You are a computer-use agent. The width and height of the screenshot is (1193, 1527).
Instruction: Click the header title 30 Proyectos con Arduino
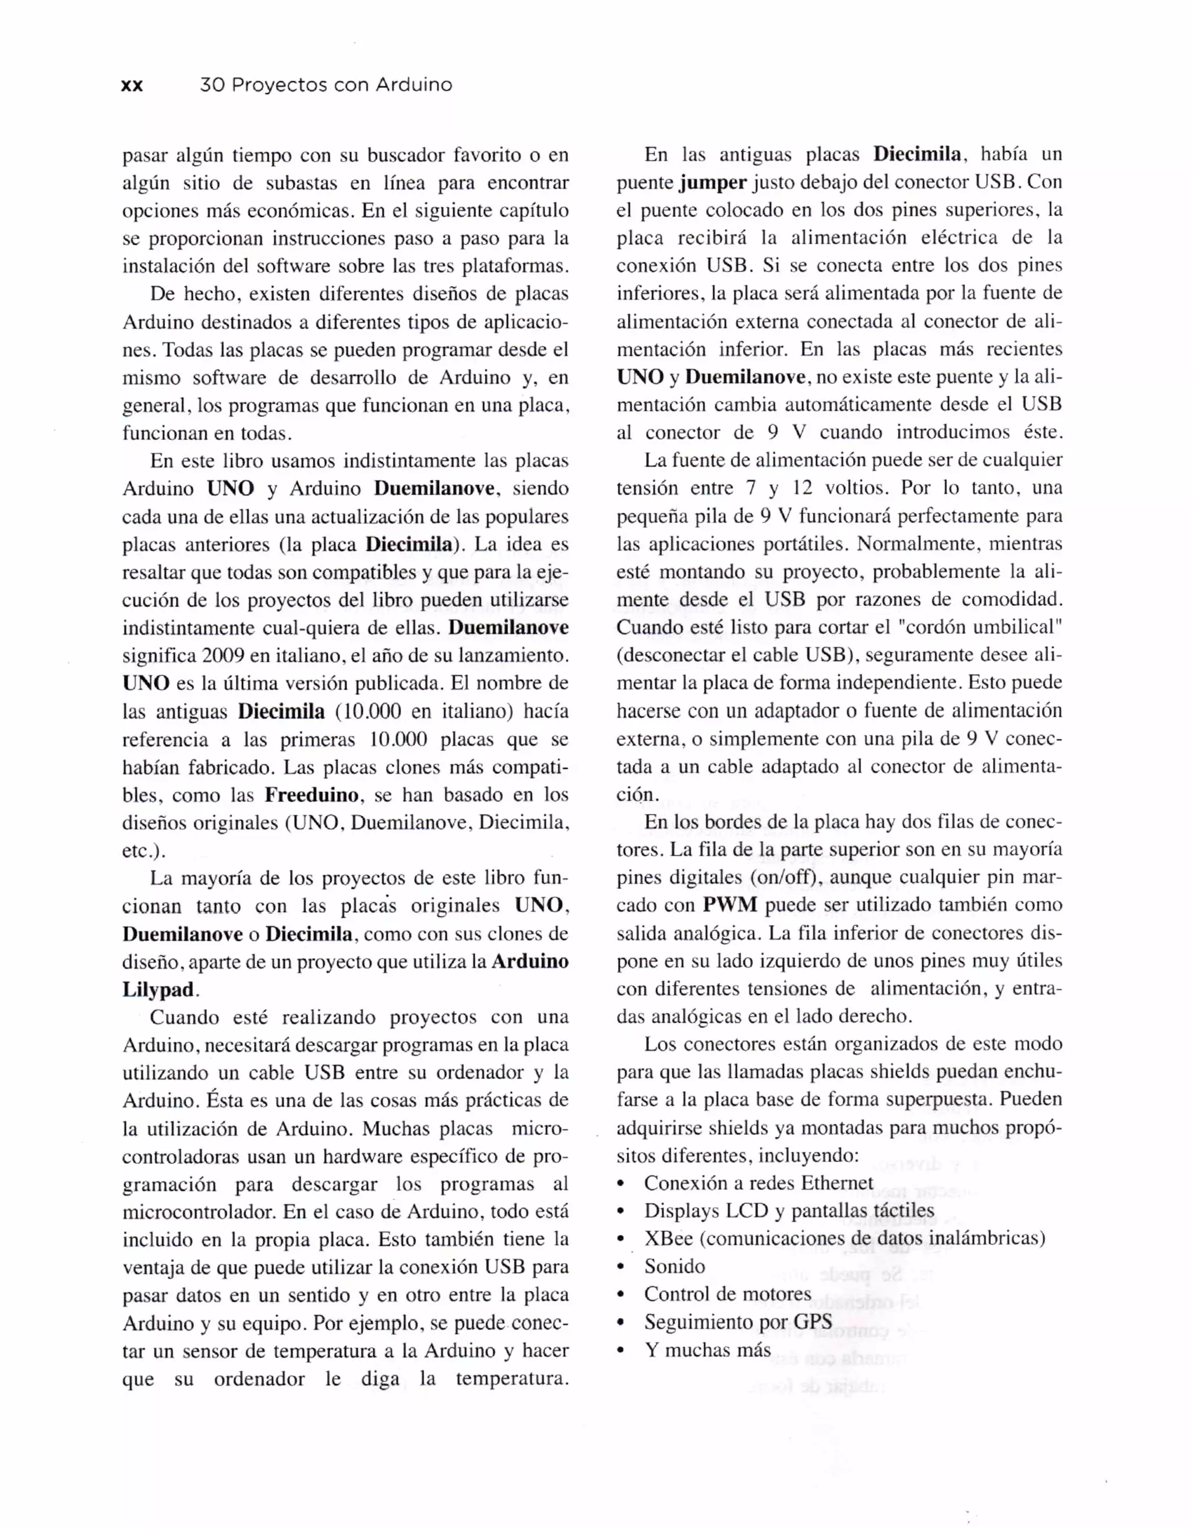tap(326, 85)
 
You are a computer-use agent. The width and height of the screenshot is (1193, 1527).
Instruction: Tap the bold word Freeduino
tap(312, 795)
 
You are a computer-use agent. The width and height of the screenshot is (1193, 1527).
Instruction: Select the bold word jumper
tap(713, 183)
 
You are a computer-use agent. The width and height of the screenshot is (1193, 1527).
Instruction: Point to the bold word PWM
tap(730, 905)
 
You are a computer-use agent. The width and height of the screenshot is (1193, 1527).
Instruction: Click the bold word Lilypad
tap(158, 990)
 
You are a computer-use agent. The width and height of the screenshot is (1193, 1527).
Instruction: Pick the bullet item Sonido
tap(674, 1266)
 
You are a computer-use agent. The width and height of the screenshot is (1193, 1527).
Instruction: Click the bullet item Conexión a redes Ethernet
tap(758, 1183)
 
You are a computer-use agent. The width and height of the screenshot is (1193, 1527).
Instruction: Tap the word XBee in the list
tap(668, 1238)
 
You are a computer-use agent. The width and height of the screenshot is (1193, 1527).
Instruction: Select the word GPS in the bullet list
tap(813, 1322)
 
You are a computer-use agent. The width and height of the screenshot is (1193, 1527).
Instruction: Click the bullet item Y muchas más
tap(707, 1350)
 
